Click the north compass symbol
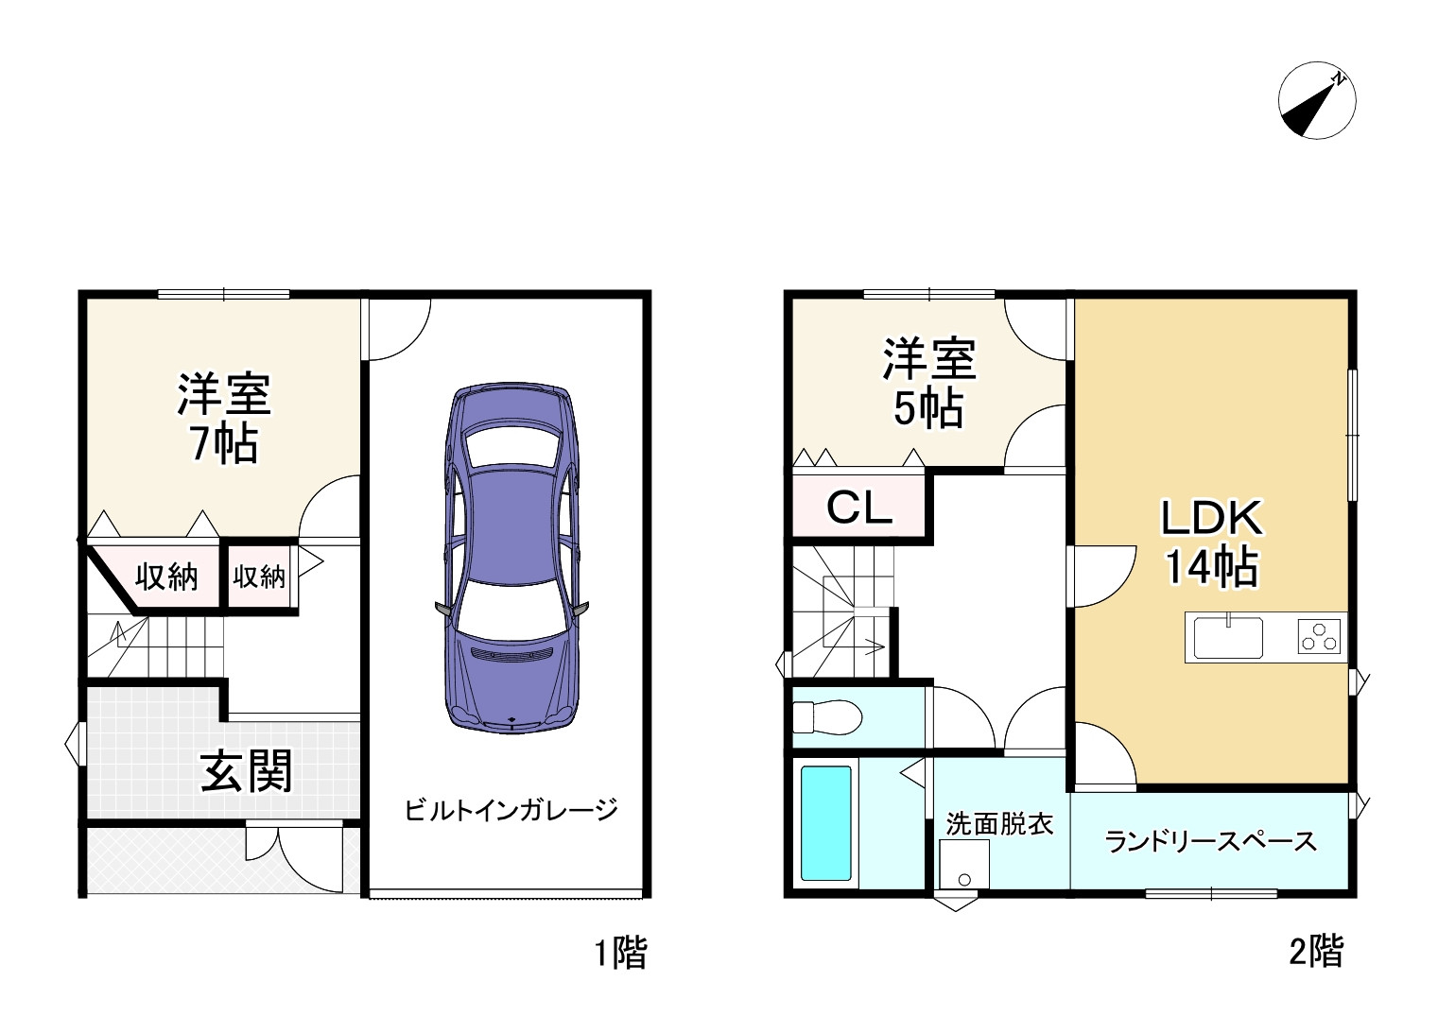click(x=1316, y=100)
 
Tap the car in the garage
click(x=511, y=558)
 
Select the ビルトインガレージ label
click(x=511, y=810)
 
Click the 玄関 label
click(x=246, y=771)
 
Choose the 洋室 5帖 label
click(x=928, y=383)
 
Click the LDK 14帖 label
click(x=1211, y=542)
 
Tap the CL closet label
click(x=858, y=508)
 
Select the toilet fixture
click(x=826, y=716)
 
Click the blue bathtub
click(x=826, y=823)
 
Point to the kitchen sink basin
click(x=1227, y=637)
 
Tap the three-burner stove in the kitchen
click(x=1319, y=637)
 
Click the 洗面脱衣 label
click(x=999, y=823)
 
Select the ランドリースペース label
click(x=1210, y=840)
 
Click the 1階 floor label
click(x=620, y=952)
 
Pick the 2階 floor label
click(x=1315, y=951)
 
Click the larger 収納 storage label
click(x=166, y=576)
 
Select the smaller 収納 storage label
click(x=258, y=576)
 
